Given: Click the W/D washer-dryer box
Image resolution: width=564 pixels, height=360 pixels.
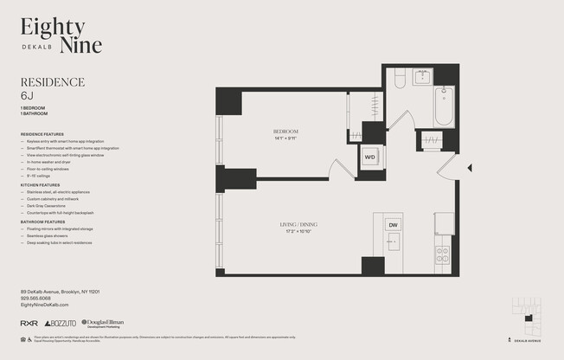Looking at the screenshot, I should point(369,157).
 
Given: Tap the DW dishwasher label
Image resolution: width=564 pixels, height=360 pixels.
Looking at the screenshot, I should point(393,225).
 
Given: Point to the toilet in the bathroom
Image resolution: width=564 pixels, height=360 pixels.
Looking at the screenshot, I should point(400,79).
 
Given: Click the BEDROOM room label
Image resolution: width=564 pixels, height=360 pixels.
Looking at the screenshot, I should point(286,132).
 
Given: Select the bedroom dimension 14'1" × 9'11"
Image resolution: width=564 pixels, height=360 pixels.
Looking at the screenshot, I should point(286,138).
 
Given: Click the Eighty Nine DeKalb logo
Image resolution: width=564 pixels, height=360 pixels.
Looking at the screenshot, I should point(61,35).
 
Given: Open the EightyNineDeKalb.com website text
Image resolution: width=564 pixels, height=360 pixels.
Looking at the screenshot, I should point(44,305).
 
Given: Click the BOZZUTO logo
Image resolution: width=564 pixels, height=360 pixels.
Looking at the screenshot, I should point(60,323).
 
